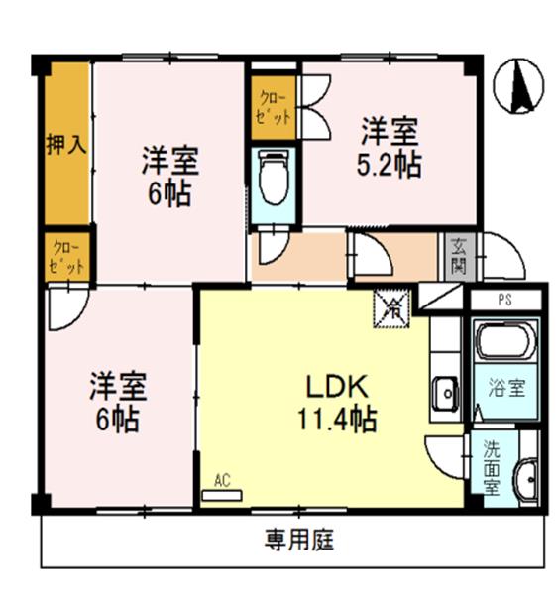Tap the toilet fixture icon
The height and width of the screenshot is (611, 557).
pos(271,179)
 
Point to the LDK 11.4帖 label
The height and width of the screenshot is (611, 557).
pos(336,403)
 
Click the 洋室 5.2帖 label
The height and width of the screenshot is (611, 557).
pos(390,146)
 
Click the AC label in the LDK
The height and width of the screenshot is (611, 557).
pos(222,480)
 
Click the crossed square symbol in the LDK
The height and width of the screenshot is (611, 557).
pos(391,308)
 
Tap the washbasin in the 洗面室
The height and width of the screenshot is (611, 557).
pos(526,480)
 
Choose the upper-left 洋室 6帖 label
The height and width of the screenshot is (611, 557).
pos(171,175)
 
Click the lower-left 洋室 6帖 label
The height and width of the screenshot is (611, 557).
pos(118,400)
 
